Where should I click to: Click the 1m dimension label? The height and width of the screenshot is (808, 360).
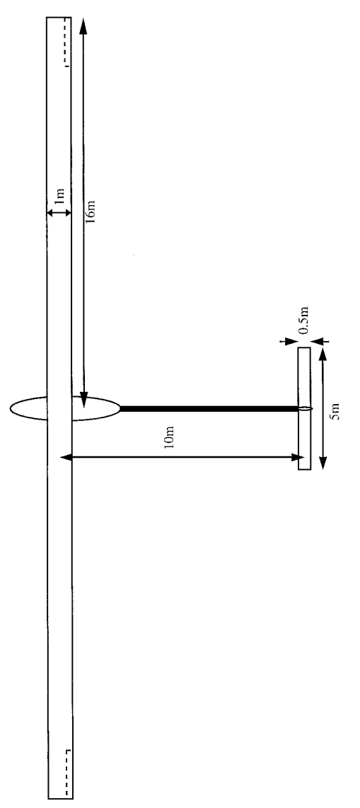[60, 196]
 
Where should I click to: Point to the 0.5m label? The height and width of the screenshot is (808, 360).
[304, 321]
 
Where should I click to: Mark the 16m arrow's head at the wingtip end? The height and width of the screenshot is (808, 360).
[83, 26]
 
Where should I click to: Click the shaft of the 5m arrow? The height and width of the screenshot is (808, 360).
[323, 409]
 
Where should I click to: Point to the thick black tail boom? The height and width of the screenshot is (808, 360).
[209, 409]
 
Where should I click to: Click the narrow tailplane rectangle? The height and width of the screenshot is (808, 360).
[304, 409]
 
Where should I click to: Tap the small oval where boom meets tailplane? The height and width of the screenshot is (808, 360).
[305, 409]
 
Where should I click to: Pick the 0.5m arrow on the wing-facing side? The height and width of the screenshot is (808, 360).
[284, 340]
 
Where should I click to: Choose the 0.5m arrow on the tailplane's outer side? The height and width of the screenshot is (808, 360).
[320, 340]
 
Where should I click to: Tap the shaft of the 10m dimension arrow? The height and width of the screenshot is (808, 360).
[182, 456]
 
